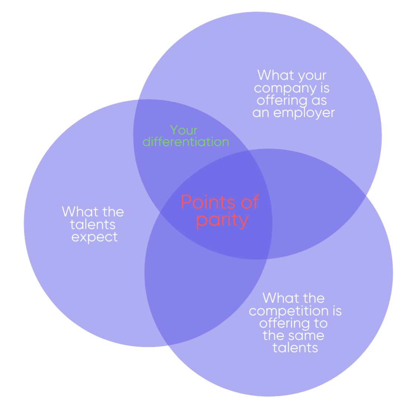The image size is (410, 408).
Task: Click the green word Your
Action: [184, 130]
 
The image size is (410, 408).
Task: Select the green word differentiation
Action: [186, 142]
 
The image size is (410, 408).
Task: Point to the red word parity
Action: [222, 220]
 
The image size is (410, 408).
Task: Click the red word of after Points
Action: [250, 203]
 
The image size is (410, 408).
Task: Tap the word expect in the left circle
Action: [95, 237]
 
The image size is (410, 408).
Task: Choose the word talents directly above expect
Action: [93, 224]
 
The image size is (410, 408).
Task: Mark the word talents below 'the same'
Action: [295, 348]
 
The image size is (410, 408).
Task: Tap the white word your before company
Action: [312, 75]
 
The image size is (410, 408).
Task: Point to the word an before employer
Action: [261, 113]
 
